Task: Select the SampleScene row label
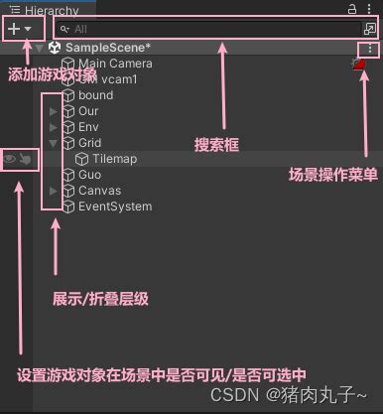tap(106, 48)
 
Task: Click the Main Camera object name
tap(115, 64)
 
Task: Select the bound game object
tap(96, 95)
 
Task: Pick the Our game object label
tap(88, 111)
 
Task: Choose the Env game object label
tap(88, 127)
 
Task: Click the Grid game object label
tap(89, 143)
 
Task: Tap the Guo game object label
tap(89, 175)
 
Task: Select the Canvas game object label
tap(99, 191)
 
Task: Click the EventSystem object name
tap(115, 207)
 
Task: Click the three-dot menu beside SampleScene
tap(370, 49)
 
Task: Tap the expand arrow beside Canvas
tap(53, 191)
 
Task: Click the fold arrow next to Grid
tap(53, 143)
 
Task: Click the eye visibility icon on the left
tap(9, 158)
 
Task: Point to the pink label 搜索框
tap(218, 145)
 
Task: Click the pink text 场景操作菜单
tap(332, 175)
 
